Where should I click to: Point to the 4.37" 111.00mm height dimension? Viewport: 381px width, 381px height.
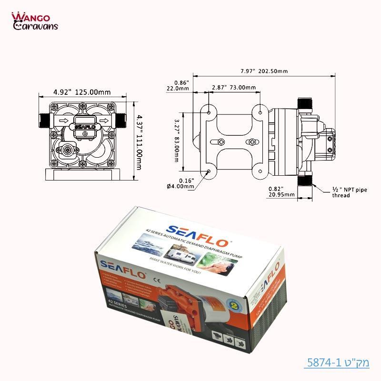click(x=139, y=143)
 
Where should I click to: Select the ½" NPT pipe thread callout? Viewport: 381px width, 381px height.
click(x=350, y=192)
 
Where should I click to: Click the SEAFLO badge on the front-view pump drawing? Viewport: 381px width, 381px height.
click(x=85, y=126)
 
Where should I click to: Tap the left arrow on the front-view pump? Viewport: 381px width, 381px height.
click(x=62, y=121)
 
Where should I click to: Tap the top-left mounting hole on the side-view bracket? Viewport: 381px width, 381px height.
click(x=210, y=112)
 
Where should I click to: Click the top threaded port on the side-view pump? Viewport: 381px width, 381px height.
click(x=303, y=103)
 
